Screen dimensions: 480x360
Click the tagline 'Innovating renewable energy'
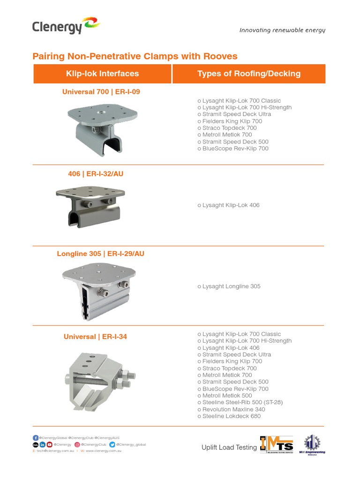(x=282, y=30)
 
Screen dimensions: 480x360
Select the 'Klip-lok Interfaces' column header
(x=103, y=74)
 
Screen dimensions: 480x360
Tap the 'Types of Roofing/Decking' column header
(x=249, y=74)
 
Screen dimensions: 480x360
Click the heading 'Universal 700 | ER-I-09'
(x=101, y=92)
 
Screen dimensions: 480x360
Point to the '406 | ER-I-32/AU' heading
(x=96, y=174)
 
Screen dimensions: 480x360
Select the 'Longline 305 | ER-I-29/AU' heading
(x=100, y=254)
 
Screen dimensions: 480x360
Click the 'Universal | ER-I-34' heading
(x=95, y=337)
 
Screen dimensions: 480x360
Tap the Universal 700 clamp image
(x=104, y=127)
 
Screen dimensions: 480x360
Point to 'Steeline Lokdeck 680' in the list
(x=229, y=416)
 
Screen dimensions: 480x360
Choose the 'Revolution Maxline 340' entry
(x=232, y=409)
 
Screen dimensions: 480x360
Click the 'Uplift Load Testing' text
(x=229, y=448)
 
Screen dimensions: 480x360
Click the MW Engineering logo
(x=312, y=444)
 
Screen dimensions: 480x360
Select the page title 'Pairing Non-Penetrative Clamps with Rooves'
(x=135, y=56)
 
